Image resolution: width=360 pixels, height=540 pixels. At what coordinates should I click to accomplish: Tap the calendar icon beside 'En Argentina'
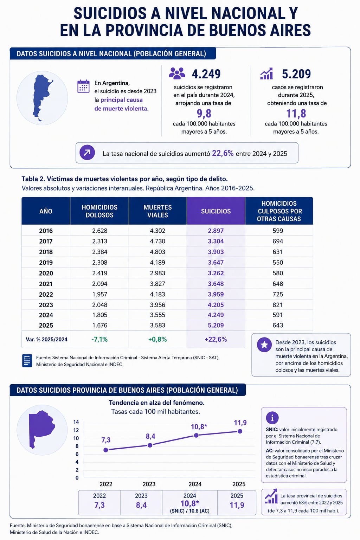(x=83, y=86)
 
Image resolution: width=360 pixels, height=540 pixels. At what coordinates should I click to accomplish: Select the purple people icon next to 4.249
(x=177, y=73)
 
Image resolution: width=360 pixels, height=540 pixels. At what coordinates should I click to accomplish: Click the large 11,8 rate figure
(x=296, y=113)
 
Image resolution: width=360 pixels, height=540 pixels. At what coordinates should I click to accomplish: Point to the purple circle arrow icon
(x=87, y=153)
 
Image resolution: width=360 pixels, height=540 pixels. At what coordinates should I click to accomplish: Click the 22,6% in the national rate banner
(x=223, y=153)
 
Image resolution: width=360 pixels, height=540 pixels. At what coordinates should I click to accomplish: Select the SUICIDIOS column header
(x=216, y=211)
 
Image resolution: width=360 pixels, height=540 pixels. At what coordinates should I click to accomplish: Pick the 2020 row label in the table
(x=46, y=273)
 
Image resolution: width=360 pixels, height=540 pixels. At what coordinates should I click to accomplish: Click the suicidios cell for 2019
(x=216, y=262)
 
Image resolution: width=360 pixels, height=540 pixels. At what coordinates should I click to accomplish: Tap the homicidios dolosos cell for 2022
(x=99, y=294)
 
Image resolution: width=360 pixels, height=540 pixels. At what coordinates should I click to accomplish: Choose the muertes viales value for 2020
(x=157, y=273)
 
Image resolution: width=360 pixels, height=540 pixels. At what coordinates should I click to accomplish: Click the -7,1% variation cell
(x=99, y=339)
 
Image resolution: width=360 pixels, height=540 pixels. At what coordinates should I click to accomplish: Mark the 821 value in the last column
(x=277, y=305)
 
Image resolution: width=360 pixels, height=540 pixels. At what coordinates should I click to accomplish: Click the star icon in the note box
(x=264, y=345)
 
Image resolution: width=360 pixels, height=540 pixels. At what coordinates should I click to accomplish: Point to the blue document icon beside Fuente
(x=27, y=361)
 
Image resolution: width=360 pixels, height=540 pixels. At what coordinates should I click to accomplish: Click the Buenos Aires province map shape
(x=41, y=429)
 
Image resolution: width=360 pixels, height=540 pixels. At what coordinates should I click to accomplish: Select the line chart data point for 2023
(x=150, y=445)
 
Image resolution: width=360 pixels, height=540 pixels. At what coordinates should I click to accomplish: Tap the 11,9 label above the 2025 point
(x=240, y=423)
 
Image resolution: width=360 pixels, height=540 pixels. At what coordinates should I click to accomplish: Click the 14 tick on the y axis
(x=76, y=422)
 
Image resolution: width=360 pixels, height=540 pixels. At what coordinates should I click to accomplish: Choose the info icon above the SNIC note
(x=272, y=418)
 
